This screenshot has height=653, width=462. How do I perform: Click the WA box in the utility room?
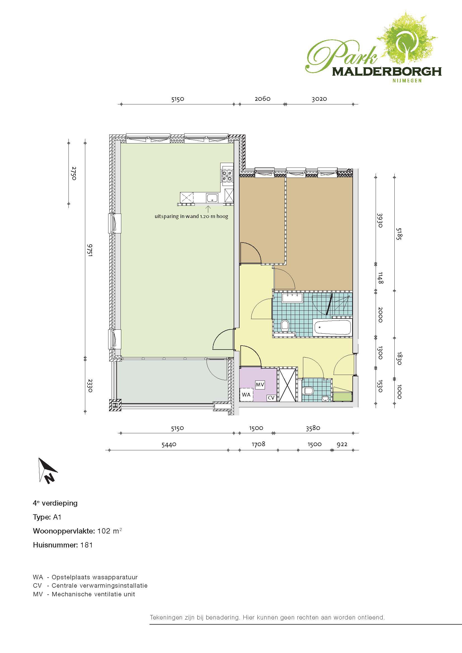pos(246,394)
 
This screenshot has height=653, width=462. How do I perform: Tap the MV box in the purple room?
pos(260,384)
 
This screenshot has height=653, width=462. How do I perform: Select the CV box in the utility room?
pos(271,398)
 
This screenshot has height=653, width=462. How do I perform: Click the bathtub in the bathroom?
pos(332,327)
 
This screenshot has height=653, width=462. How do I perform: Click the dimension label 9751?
pos(90,250)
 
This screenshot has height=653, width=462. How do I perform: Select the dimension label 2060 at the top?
pos(262,99)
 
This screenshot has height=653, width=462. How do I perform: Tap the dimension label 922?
pos(342,444)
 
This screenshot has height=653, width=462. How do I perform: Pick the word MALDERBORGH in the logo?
pos(387,71)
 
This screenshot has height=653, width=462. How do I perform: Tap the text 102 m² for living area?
pos(110,531)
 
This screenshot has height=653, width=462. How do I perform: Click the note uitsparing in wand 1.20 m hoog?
pos(191,216)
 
